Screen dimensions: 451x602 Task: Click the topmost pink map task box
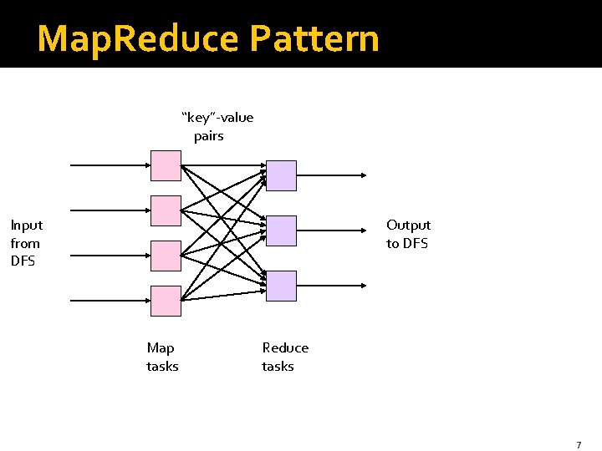click(166, 165)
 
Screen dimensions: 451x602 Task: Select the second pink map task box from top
click(166, 210)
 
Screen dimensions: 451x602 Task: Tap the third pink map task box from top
click(166, 256)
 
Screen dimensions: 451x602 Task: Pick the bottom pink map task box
click(166, 301)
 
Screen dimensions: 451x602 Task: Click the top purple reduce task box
click(282, 175)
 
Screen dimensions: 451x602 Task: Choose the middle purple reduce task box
click(282, 231)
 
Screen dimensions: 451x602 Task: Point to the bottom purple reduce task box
click(282, 286)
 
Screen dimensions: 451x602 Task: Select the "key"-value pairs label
click(217, 126)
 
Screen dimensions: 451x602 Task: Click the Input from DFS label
click(27, 242)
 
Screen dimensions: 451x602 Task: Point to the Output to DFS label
click(408, 234)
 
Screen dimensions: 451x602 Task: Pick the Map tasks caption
click(162, 357)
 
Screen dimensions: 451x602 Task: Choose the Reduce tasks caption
click(284, 357)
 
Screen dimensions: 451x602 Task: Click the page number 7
click(578, 445)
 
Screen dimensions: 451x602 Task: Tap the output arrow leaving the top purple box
click(331, 175)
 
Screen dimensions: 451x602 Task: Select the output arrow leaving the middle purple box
click(331, 231)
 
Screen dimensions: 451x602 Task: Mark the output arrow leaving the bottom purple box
click(331, 286)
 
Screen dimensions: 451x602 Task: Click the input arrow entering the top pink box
click(109, 165)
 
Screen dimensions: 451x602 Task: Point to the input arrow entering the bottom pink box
click(109, 301)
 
